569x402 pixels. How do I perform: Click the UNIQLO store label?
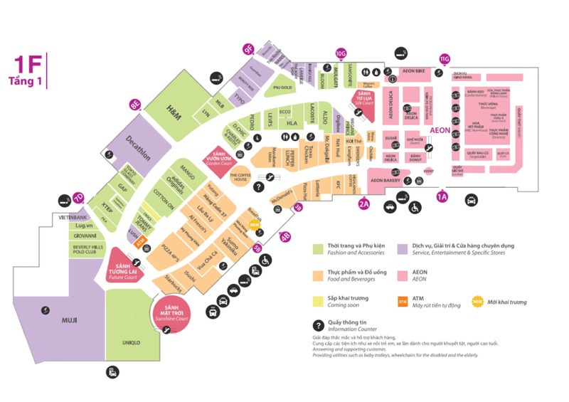tap(131, 342)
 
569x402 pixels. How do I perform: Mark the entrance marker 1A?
tap(442, 196)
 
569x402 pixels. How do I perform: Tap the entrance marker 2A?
tap(364, 204)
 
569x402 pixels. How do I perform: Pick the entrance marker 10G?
tap(341, 53)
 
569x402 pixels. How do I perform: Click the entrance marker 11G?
tap(445, 58)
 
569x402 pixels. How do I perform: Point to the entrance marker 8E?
tap(134, 105)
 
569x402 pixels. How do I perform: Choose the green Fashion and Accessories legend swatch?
tap(319, 248)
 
